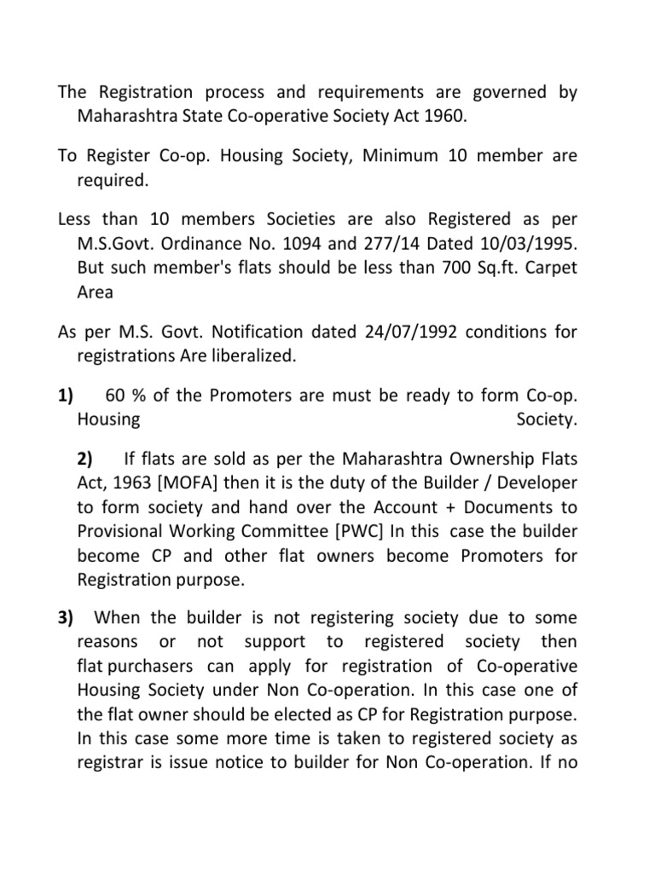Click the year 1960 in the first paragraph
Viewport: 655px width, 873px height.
point(445,116)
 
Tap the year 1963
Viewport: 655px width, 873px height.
point(120,483)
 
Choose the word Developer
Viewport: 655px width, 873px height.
point(536,483)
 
